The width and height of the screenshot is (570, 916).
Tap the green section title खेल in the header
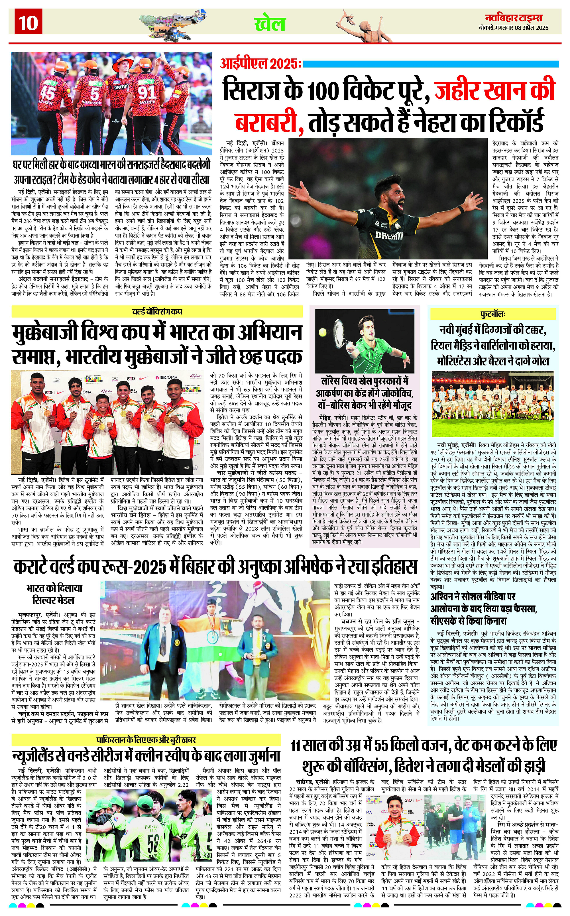tap(270, 24)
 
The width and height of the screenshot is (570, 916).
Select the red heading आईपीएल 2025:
tap(260, 64)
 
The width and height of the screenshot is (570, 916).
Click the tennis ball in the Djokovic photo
tap(323, 333)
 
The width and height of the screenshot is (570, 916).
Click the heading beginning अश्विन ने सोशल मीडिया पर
tap(473, 597)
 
